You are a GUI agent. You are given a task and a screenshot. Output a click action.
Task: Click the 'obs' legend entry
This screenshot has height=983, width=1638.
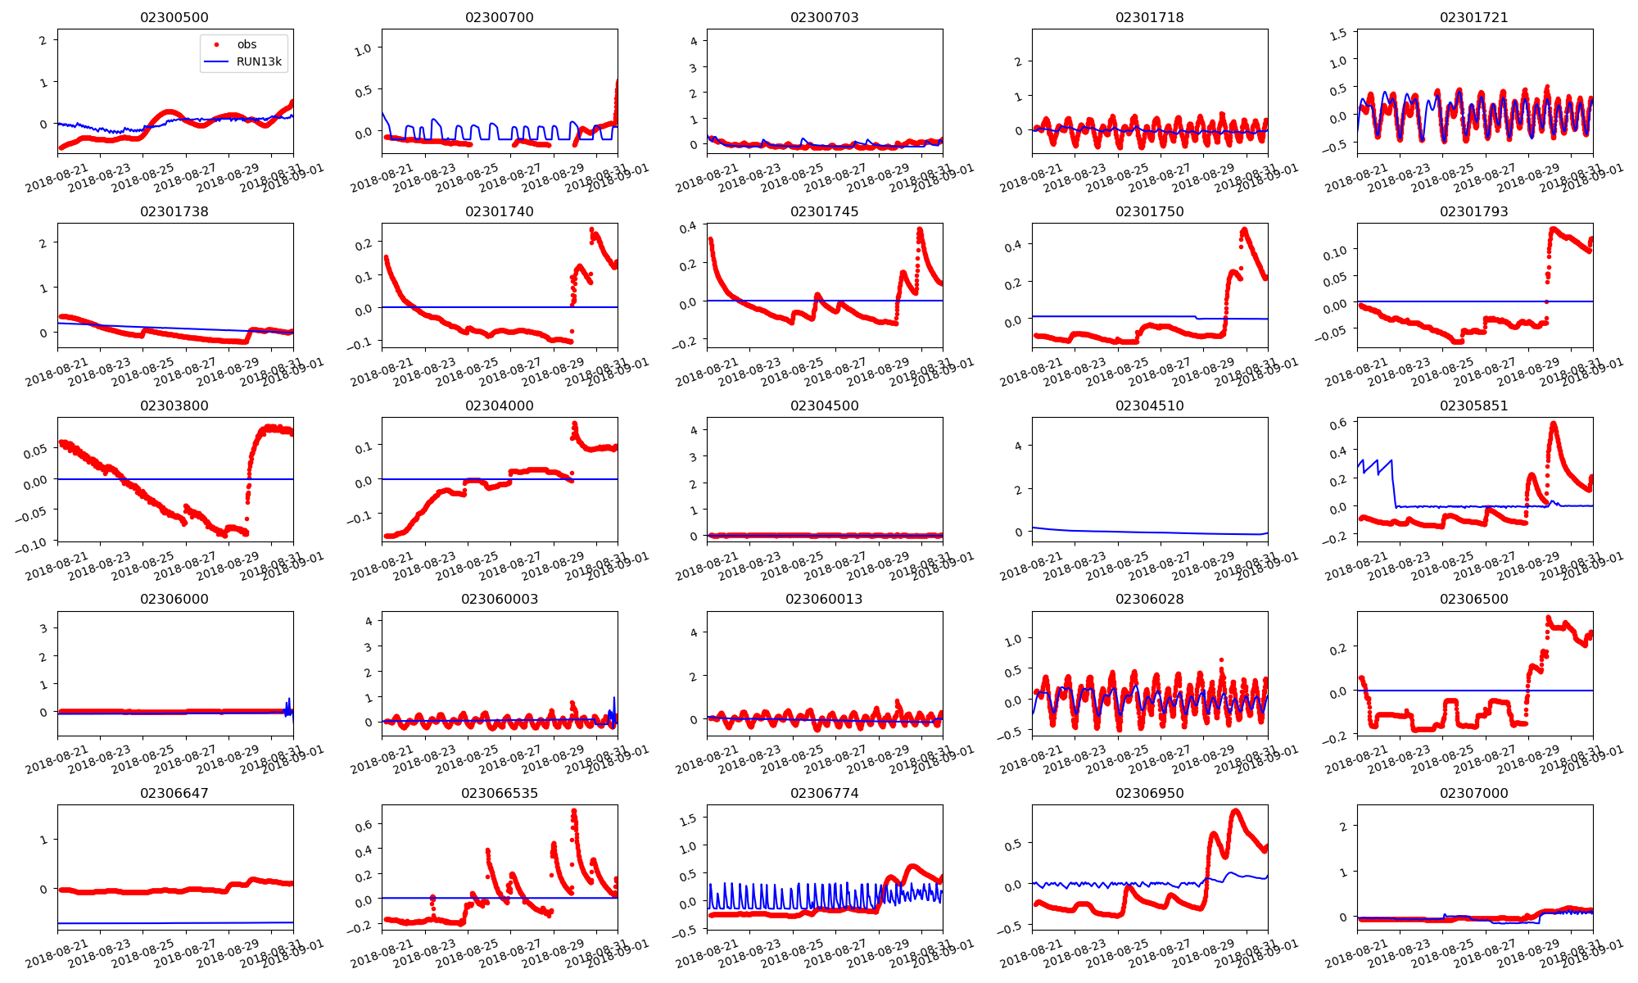[247, 44]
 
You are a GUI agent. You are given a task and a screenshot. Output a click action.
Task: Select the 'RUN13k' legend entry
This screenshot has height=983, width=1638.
[258, 61]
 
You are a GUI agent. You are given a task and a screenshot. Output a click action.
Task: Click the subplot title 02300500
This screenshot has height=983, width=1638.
[174, 17]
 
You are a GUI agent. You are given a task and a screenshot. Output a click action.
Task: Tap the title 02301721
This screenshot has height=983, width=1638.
[1474, 17]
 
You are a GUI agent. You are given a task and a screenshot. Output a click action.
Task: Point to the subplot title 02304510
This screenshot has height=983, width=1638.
[1149, 405]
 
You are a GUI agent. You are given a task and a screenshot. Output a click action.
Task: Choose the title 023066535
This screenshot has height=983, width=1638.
[500, 793]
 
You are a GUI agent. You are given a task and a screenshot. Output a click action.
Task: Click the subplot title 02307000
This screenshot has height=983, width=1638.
[1474, 793]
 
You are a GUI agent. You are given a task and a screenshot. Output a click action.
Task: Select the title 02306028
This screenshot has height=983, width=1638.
[1149, 599]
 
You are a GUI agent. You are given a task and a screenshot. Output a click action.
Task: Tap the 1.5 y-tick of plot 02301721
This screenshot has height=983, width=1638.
[1337, 34]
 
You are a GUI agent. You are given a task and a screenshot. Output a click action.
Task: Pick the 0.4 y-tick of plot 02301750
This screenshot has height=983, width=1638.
[1012, 245]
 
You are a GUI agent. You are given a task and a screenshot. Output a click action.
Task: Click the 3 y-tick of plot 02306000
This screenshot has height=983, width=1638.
[43, 628]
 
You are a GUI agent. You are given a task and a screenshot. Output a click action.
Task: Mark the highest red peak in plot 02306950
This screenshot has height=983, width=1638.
[1236, 811]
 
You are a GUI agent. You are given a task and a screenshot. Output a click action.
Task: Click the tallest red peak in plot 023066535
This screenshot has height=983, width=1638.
[573, 811]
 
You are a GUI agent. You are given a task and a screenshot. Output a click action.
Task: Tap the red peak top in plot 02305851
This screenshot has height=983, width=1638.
[1554, 424]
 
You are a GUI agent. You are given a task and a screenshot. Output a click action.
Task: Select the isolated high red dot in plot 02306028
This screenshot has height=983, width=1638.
[1221, 659]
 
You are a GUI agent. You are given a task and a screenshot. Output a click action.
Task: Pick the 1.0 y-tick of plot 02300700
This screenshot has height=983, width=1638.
[363, 49]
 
